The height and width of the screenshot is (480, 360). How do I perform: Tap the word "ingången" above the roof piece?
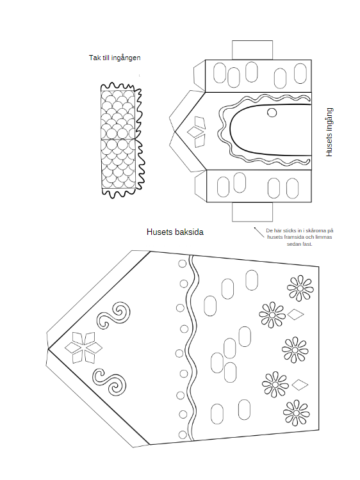(126, 58)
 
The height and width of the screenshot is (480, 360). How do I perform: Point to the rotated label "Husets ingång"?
(329, 132)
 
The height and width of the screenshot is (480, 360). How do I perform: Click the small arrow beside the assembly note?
(259, 232)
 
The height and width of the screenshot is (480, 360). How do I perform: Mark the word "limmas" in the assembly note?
(323, 237)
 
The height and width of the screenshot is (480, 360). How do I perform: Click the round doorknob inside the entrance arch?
(272, 113)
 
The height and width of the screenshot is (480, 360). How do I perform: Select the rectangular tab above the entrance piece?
(252, 50)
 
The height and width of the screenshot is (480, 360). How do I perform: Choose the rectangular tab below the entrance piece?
(252, 212)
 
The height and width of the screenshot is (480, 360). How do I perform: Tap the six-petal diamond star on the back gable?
(84, 348)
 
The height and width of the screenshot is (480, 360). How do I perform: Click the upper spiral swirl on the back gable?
(113, 316)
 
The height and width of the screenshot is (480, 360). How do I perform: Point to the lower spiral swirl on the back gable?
(110, 381)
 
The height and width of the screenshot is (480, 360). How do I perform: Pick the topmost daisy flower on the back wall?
(300, 289)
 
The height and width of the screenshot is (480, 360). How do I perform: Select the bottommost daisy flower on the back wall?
(297, 413)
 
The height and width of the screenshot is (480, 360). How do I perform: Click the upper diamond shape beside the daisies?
(296, 314)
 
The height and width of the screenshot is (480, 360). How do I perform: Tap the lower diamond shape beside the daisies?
(300, 385)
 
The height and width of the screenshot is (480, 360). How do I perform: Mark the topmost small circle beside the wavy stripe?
(183, 264)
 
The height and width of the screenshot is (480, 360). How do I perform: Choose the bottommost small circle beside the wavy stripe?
(183, 435)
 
